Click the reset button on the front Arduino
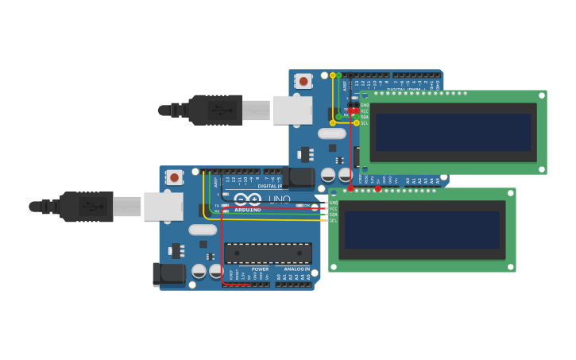point(174,177)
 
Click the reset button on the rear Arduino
point(303,81)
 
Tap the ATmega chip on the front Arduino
point(268,254)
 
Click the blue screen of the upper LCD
point(453,132)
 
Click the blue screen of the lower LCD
point(422,230)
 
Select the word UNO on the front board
point(279,199)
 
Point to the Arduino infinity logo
point(247,199)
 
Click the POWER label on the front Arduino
point(260,269)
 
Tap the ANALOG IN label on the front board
point(297,269)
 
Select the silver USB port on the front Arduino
point(163,206)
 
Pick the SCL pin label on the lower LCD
point(333,220)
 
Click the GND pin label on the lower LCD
point(333,203)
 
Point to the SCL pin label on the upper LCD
point(365,123)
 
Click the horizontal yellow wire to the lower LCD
point(270,219)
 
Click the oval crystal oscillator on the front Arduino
point(203,230)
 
